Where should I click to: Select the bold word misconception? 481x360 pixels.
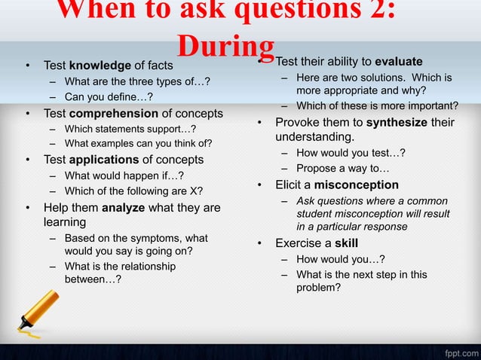pos(357,185)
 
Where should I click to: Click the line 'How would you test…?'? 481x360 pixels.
pos(351,153)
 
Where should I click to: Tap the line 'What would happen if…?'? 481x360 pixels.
pos(124,175)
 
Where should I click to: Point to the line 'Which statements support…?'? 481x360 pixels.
pos(130,129)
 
